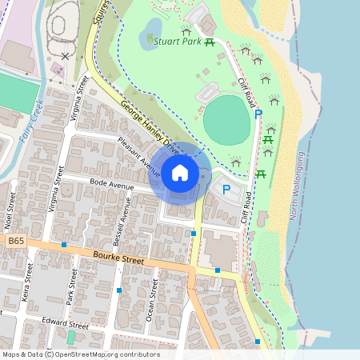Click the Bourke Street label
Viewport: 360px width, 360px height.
(118, 259)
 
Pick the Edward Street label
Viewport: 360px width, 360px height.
(67, 326)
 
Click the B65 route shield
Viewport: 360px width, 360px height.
(14, 241)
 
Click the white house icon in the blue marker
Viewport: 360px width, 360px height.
(180, 172)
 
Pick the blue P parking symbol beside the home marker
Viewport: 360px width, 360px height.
(226, 190)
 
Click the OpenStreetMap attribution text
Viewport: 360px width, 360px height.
(80, 354)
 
